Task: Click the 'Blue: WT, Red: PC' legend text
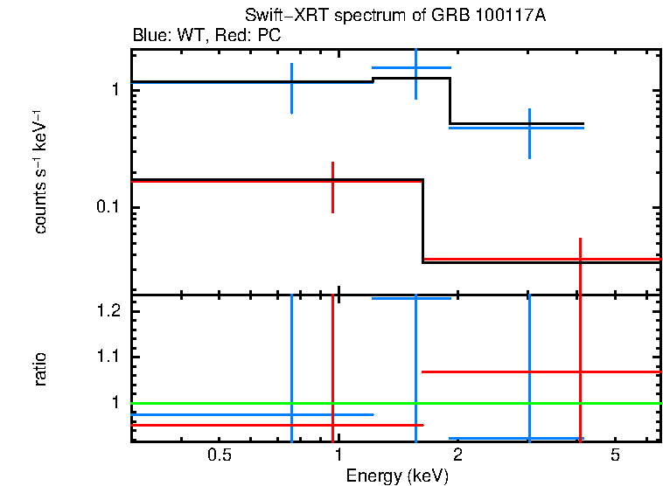(x=206, y=36)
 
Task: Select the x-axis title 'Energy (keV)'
(x=396, y=476)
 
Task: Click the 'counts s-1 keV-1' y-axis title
(x=40, y=171)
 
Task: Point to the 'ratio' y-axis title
(x=40, y=368)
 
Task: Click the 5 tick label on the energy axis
(x=615, y=455)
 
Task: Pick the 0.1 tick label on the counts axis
(x=107, y=207)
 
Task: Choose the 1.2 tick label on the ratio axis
(x=107, y=311)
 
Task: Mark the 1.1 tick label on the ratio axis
(x=107, y=357)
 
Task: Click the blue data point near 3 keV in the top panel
(x=529, y=128)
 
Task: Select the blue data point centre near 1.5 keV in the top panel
(x=415, y=67)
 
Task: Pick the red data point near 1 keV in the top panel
(x=333, y=181)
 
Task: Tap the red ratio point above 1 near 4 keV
(x=580, y=371)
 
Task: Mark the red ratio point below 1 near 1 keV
(x=333, y=425)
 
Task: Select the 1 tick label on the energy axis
(x=338, y=455)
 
